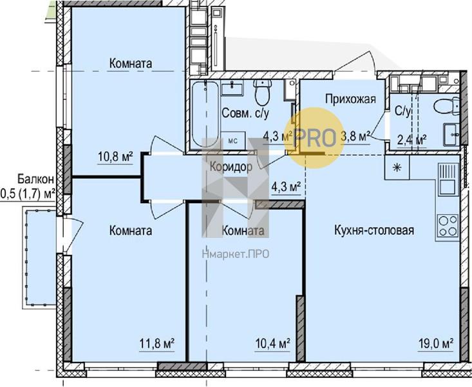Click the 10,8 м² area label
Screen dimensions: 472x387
pyautogui.click(x=116, y=157)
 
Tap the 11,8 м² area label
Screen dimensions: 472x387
pyautogui.click(x=157, y=344)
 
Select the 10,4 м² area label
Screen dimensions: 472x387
pyautogui.click(x=273, y=344)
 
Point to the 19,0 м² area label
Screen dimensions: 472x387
pyautogui.click(x=437, y=344)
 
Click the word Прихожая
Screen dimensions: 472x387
pyautogui.click(x=351, y=99)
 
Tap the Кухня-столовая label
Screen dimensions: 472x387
pyautogui.click(x=374, y=230)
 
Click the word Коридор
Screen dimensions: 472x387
pyautogui.click(x=231, y=167)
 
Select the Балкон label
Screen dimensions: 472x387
pyautogui.click(x=35, y=179)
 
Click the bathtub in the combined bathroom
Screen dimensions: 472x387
pyautogui.click(x=205, y=114)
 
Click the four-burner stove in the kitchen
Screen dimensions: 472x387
pyautogui.click(x=448, y=226)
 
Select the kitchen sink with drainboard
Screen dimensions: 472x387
pyautogui.click(x=448, y=179)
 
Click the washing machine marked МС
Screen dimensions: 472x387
pyautogui.click(x=233, y=141)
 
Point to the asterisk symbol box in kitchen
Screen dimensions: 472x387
pyautogui.click(x=397, y=168)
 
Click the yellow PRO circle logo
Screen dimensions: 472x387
pyautogui.click(x=315, y=138)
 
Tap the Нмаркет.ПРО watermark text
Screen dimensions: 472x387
pyautogui.click(x=236, y=255)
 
